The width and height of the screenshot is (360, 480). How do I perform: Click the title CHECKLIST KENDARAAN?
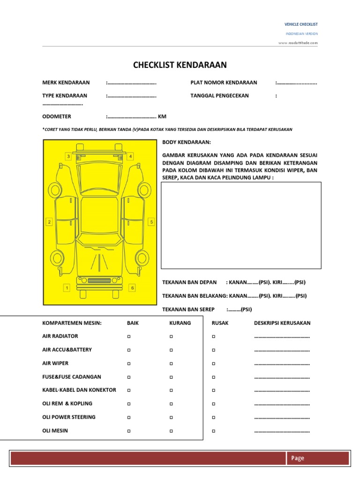[x=180, y=65]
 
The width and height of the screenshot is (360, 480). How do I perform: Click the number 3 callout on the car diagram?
[x=68, y=156]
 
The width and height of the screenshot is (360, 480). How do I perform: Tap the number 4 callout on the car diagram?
[x=131, y=156]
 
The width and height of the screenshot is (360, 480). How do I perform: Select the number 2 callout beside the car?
[x=48, y=222]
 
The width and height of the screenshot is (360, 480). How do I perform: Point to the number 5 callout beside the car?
[x=151, y=222]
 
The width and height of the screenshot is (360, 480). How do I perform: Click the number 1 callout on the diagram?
[x=67, y=288]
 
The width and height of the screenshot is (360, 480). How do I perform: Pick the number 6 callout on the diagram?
[x=132, y=288]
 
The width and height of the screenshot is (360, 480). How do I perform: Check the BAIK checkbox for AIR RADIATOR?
[x=128, y=337]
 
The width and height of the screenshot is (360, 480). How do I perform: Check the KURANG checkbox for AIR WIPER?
[x=171, y=364]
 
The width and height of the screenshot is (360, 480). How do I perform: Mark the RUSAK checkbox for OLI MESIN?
[x=213, y=431]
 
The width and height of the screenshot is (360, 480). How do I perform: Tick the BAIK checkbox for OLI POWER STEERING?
[x=128, y=418]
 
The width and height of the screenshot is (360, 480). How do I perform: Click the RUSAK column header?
[x=220, y=323]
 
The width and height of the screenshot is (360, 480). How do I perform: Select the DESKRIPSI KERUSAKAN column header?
[x=282, y=323]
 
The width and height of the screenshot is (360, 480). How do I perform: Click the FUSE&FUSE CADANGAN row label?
[x=72, y=377]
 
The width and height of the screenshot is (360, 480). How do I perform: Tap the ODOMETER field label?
[x=57, y=117]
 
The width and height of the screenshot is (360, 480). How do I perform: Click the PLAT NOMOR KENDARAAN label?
[x=224, y=82]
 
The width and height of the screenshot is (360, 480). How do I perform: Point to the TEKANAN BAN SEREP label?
[x=188, y=309]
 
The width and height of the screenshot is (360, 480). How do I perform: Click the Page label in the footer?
[x=297, y=458]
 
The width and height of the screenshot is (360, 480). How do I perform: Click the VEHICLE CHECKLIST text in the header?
[x=301, y=24]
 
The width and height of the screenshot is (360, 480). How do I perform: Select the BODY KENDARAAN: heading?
[x=187, y=142]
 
